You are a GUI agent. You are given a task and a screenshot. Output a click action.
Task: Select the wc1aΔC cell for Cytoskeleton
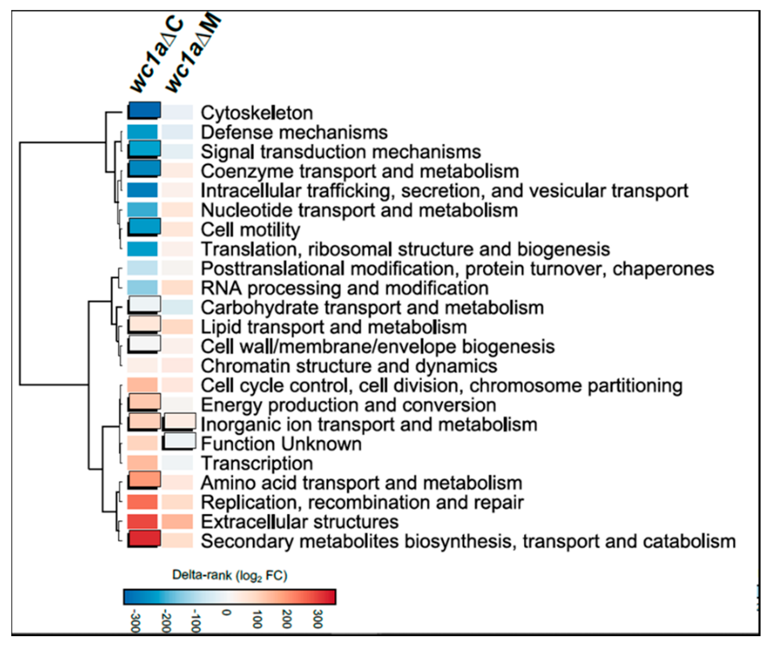[x=144, y=111]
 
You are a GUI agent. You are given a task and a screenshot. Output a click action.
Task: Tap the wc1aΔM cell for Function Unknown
[x=179, y=442]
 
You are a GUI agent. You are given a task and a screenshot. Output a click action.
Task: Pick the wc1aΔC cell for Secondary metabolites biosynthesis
[x=144, y=539]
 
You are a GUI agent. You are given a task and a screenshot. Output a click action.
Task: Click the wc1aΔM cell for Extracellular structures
[x=178, y=522]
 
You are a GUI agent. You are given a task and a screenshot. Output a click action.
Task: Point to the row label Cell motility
[x=250, y=230]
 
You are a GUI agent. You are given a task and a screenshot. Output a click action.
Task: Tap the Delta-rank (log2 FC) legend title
[x=230, y=576]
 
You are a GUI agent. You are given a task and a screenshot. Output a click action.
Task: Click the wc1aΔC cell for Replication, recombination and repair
[x=142, y=502]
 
